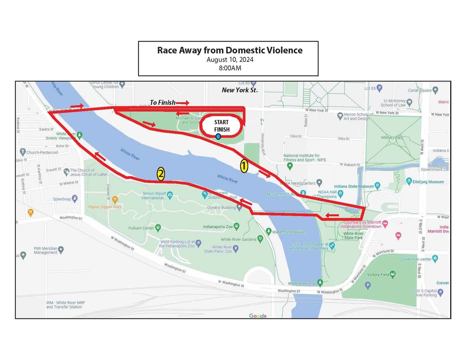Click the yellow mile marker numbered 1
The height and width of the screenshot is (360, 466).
(x=243, y=166)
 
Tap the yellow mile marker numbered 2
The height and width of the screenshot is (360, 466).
(x=160, y=174)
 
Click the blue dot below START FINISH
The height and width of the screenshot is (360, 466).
(x=218, y=136)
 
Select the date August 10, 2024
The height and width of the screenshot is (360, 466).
(x=230, y=60)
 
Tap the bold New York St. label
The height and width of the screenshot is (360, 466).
(x=240, y=90)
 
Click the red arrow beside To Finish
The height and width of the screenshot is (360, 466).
(x=182, y=103)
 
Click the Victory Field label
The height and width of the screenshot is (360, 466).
(x=378, y=275)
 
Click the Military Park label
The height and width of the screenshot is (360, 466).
(x=392, y=137)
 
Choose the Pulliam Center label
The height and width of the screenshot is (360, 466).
(x=141, y=228)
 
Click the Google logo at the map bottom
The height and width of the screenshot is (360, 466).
(x=257, y=316)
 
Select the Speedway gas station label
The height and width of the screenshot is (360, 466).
(x=62, y=199)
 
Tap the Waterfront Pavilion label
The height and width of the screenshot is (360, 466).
(x=289, y=232)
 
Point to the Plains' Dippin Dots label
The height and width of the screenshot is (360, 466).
(x=105, y=207)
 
